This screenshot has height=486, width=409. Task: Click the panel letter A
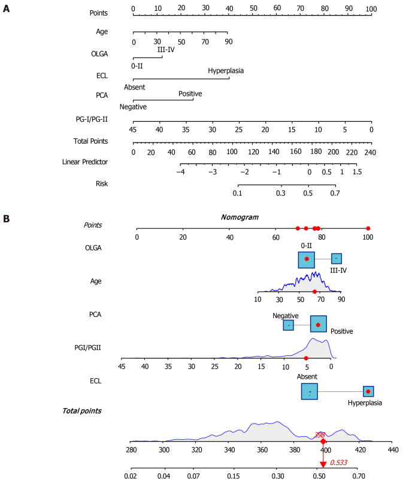pos(6,8)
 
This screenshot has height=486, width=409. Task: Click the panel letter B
pos(6,219)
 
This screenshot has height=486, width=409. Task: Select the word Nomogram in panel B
pos(240,218)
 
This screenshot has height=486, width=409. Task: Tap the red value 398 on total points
pos(320,435)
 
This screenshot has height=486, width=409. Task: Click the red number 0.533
pos(338,463)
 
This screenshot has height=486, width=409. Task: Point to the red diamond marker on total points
pos(323,442)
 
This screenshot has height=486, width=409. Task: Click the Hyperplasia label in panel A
pos(226,71)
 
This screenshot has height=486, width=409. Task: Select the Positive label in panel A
pos(190,93)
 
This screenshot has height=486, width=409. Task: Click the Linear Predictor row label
pos(85,162)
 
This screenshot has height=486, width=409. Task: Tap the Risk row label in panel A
pos(102,183)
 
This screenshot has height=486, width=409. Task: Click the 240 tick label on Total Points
pos(370,152)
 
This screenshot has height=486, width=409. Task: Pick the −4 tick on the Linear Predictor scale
pos(180,172)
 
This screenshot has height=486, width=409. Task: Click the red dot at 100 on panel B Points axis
pos(368,228)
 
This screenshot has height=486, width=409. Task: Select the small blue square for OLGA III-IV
pos(337,258)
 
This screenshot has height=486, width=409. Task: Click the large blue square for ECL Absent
pos(310,391)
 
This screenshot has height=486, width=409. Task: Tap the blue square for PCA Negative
pos(288,325)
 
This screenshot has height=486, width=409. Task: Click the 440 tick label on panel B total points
pos(393,449)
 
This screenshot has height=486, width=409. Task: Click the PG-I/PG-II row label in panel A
pos(92,119)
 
